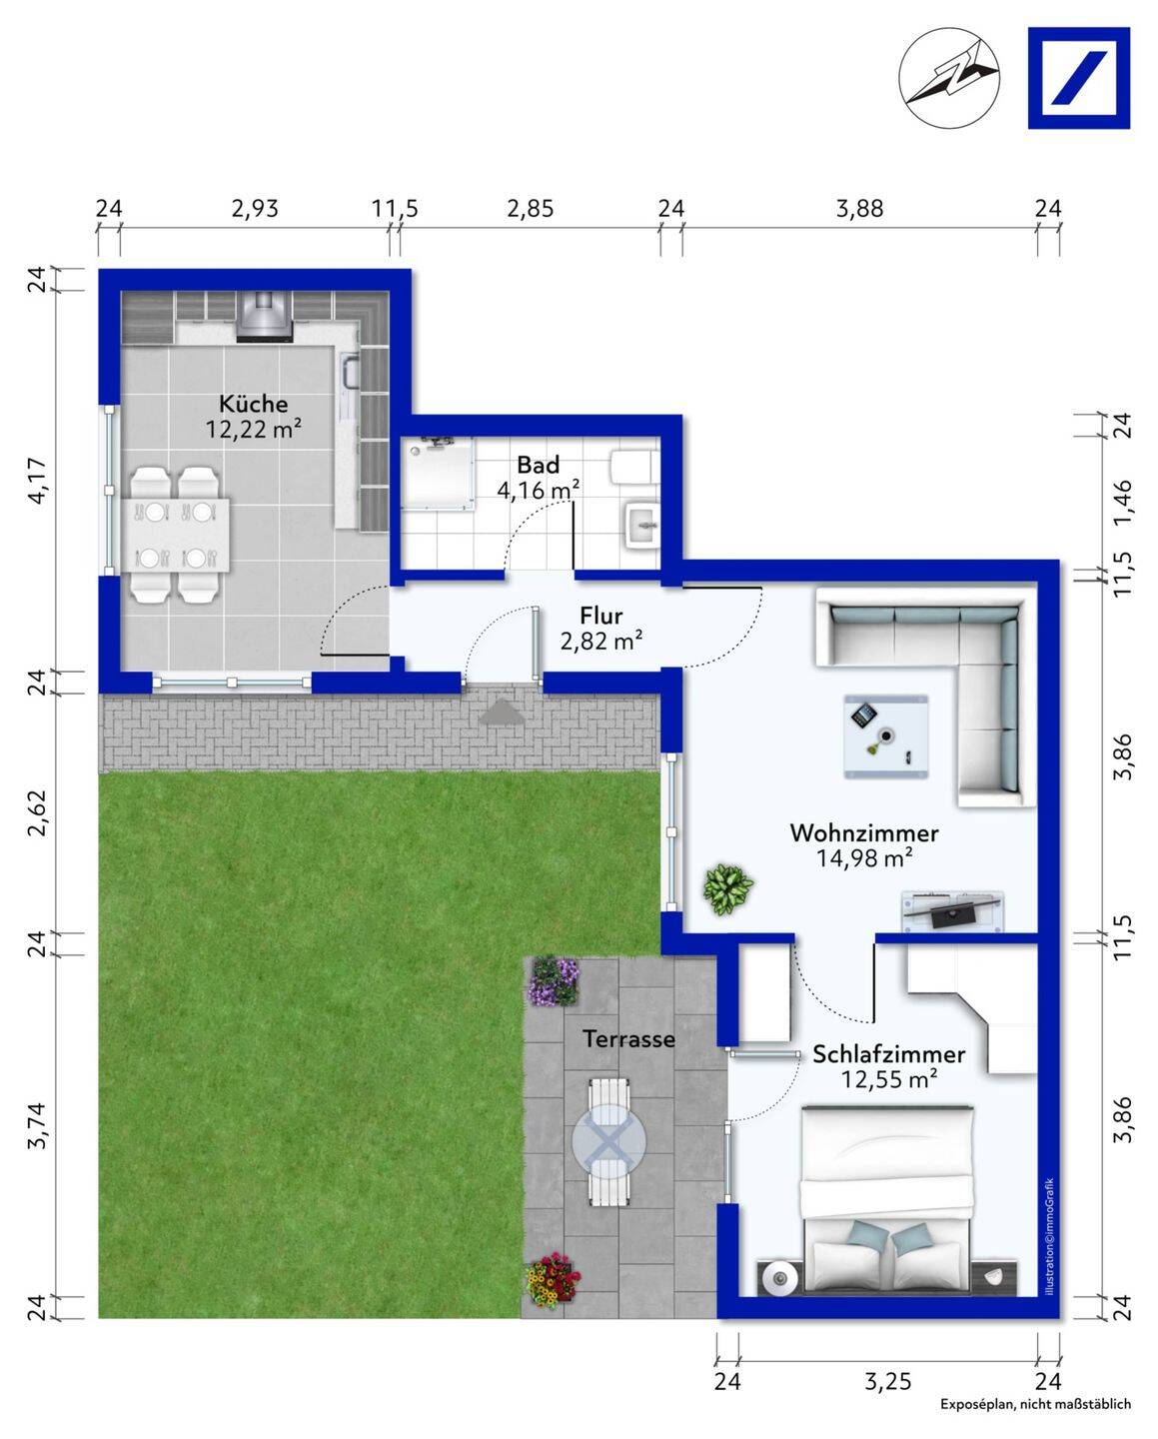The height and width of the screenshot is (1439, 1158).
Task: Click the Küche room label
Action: (254, 404)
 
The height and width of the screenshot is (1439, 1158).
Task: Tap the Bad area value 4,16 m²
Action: (538, 490)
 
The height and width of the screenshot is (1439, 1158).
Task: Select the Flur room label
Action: (601, 616)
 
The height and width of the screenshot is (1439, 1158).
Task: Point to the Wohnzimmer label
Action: (864, 833)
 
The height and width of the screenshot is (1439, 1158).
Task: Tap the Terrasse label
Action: (628, 1039)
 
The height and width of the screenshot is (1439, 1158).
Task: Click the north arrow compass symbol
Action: (949, 78)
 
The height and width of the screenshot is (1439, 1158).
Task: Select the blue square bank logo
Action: (1079, 78)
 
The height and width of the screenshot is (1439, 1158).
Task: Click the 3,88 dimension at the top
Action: (860, 209)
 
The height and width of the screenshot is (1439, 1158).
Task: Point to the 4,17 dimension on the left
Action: (38, 480)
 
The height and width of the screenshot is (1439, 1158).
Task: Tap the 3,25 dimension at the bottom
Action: (888, 1380)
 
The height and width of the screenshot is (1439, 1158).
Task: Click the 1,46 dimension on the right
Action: (1123, 503)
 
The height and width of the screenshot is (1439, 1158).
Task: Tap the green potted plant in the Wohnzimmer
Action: (727, 888)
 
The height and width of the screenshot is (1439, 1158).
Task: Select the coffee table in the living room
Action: (886, 736)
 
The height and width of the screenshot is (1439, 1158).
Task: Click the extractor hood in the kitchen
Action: (264, 317)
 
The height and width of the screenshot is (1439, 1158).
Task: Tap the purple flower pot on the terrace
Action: (554, 980)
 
